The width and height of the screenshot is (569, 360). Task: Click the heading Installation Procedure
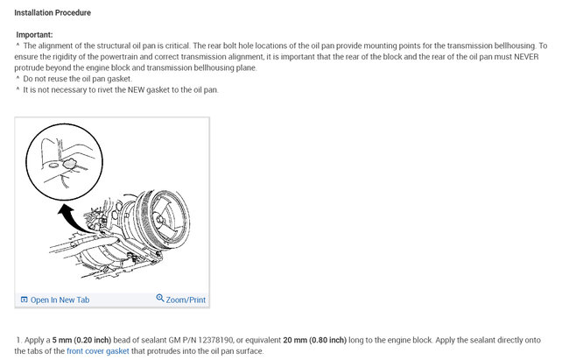[53, 13]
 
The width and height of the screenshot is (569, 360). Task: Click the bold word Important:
[34, 35]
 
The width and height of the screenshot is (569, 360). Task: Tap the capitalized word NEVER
[526, 57]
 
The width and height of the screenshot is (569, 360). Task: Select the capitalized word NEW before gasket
[136, 89]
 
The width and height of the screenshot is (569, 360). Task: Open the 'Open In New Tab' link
[60, 300]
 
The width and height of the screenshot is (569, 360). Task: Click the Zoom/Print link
[186, 300]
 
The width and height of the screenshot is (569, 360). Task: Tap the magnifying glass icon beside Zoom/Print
[160, 298]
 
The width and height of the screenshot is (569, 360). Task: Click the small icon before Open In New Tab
[25, 300]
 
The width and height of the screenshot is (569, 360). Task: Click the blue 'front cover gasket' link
[98, 351]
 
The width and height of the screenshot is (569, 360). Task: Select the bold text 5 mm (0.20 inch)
[81, 341]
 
